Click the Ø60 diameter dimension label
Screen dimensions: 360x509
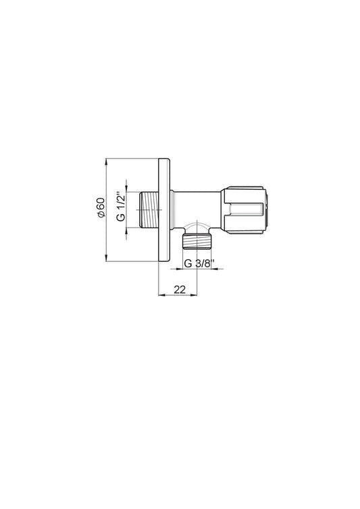pos(101,207)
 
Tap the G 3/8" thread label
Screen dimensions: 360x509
pos(197,263)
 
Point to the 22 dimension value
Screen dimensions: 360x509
pos(180,289)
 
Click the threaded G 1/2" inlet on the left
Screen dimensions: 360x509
pos(149,210)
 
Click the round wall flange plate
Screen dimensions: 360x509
pos(164,210)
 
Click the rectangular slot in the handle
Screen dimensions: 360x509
pos(246,210)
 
